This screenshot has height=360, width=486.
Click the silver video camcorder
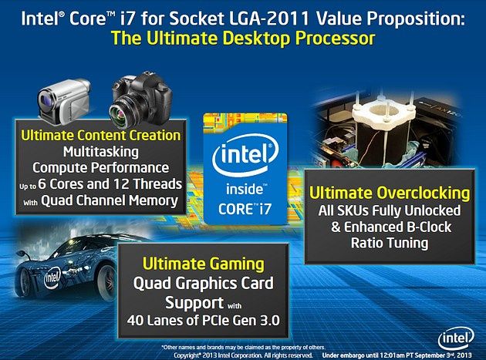pos(64,101)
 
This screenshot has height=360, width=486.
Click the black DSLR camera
pos(141,100)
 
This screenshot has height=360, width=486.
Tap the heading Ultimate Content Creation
pos(101,136)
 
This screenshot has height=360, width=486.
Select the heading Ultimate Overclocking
pos(390,193)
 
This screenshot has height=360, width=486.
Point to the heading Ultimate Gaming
pos(204,264)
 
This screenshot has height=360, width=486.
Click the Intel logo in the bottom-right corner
pos(456,338)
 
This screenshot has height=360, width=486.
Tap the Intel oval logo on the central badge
pos(245,155)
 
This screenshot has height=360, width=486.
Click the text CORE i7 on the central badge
pos(245,209)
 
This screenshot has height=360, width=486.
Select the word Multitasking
pos(101,152)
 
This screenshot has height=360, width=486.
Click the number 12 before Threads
pos(121,184)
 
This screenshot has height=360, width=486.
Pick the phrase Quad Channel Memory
pos(110,200)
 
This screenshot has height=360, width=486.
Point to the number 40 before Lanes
pos(134,321)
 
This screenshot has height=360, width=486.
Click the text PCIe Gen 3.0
pos(241,321)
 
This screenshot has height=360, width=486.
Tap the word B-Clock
pos(429,227)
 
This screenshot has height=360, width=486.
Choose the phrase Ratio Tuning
pos(390,243)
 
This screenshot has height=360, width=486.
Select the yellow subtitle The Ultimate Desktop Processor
pos(243,39)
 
